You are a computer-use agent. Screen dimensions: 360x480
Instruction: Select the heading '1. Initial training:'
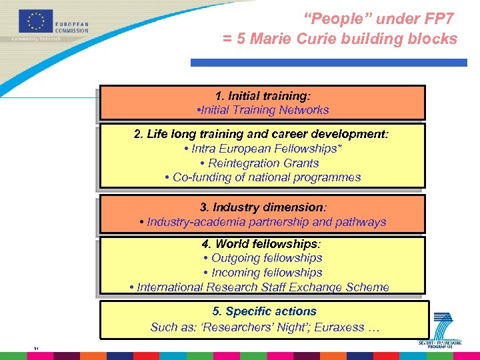point(263,95)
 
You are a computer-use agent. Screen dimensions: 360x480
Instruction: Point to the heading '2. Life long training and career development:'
point(261,134)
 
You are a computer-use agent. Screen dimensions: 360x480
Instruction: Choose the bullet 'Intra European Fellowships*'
point(263,149)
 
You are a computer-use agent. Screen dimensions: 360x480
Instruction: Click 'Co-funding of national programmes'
point(263,177)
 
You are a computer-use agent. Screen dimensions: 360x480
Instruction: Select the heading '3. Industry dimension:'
point(263,207)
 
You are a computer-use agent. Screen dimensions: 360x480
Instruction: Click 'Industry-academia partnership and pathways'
point(263,222)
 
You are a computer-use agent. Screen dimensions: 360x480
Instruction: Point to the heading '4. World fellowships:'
point(263,244)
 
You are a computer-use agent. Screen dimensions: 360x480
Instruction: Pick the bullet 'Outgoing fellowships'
point(263,258)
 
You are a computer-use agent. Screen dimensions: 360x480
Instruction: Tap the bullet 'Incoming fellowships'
point(263,273)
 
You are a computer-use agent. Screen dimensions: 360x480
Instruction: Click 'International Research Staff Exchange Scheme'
point(259,287)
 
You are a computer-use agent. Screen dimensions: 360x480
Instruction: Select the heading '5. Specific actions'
point(264,311)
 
